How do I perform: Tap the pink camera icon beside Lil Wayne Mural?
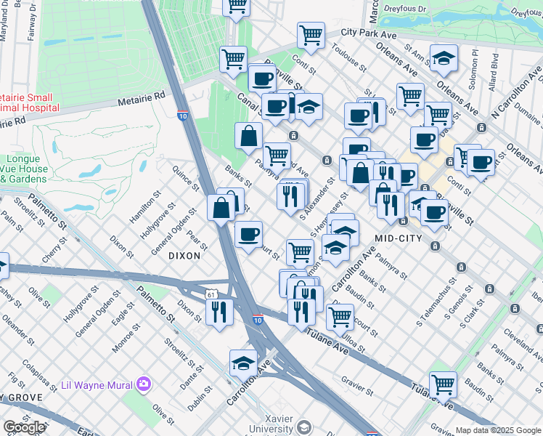(144, 383)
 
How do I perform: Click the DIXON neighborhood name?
(184, 255)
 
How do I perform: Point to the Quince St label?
(185, 177)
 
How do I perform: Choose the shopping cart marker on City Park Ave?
(311, 34)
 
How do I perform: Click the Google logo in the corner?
(24, 427)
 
